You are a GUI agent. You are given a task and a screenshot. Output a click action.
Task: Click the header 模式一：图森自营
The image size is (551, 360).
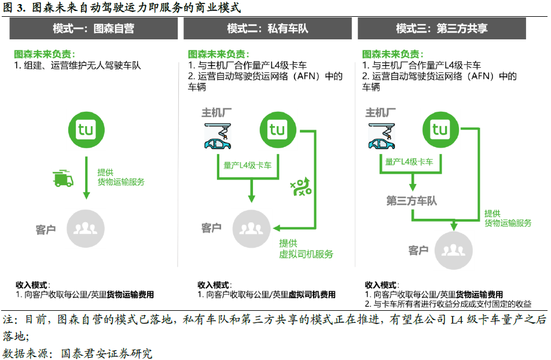93,28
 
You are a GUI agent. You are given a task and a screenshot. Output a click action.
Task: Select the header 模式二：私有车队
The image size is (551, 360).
267,28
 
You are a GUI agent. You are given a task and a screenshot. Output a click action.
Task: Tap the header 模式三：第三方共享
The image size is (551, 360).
442,28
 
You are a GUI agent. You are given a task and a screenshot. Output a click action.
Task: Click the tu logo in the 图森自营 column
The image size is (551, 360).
85,128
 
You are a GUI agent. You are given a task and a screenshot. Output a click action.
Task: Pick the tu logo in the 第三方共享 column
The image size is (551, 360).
440,129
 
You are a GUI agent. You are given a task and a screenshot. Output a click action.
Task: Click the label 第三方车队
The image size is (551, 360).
412,200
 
